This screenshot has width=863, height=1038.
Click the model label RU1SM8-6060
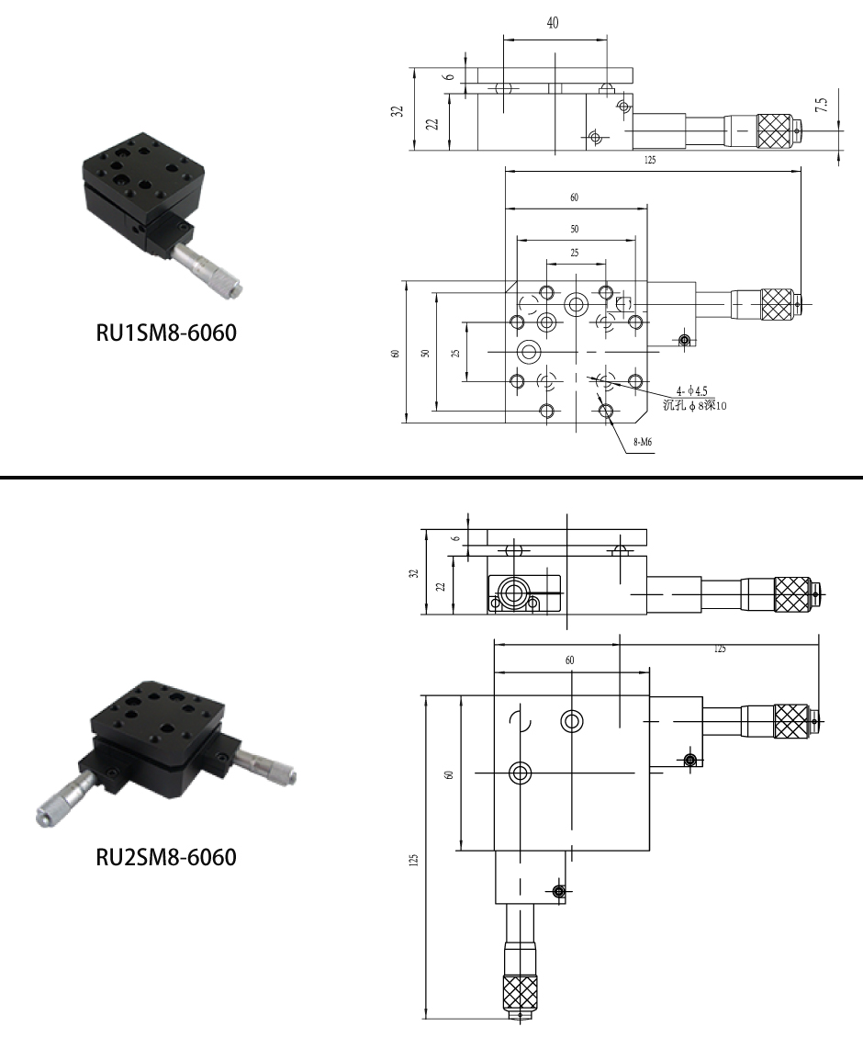[x=166, y=333]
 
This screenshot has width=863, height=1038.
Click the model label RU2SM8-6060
[x=166, y=857]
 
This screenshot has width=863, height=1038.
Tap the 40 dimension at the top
[x=553, y=23]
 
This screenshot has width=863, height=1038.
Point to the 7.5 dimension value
[x=822, y=105]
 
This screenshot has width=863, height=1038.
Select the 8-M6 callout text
[x=644, y=442]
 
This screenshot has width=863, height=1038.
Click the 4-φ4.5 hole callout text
[x=691, y=391]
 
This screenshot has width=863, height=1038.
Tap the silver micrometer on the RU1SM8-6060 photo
[x=207, y=269]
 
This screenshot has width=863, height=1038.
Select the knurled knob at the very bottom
[x=521, y=992]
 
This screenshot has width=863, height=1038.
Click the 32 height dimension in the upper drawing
[x=398, y=111]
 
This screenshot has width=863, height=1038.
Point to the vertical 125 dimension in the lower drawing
[x=414, y=860]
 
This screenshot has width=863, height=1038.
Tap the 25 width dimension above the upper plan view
[x=575, y=253]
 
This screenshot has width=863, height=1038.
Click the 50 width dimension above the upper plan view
[x=575, y=229]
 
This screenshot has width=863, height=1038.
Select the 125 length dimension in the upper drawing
[x=650, y=160]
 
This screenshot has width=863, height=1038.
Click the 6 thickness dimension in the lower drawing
[x=455, y=539]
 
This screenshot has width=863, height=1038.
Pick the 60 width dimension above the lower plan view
[x=570, y=660]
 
